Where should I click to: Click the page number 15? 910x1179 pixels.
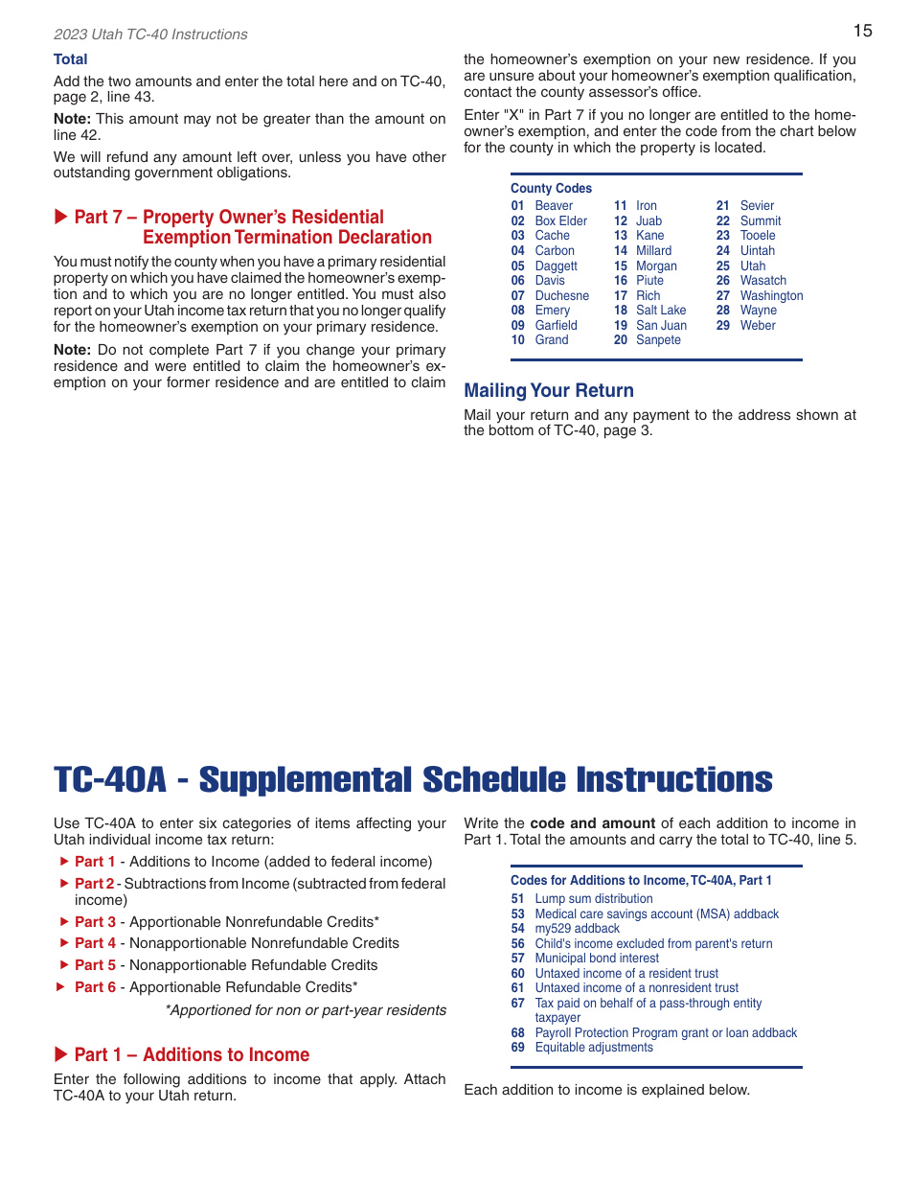coord(862,31)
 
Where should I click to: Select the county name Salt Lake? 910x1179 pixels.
coord(661,311)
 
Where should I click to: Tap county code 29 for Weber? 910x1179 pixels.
coord(722,326)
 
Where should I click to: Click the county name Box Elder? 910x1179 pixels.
coord(560,221)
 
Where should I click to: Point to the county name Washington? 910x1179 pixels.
coord(771,296)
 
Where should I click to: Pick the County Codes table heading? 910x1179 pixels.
coord(551,189)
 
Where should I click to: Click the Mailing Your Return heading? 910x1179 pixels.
coord(548,390)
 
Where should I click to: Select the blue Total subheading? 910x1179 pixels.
coord(70,59)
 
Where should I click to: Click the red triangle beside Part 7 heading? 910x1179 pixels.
coord(61,218)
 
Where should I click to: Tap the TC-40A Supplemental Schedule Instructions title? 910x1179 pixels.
coord(413,780)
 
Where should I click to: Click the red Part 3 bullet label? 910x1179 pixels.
coord(95,922)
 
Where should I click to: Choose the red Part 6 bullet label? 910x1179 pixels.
coord(95,987)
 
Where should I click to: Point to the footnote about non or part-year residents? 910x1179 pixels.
coord(306,1010)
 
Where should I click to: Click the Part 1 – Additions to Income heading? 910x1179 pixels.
coord(192,1054)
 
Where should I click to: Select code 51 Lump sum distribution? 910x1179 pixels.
coord(593,899)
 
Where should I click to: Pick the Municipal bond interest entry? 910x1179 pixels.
coord(596,959)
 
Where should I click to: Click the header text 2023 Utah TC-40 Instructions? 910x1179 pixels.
coord(150,35)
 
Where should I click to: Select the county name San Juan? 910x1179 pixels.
coord(661,326)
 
